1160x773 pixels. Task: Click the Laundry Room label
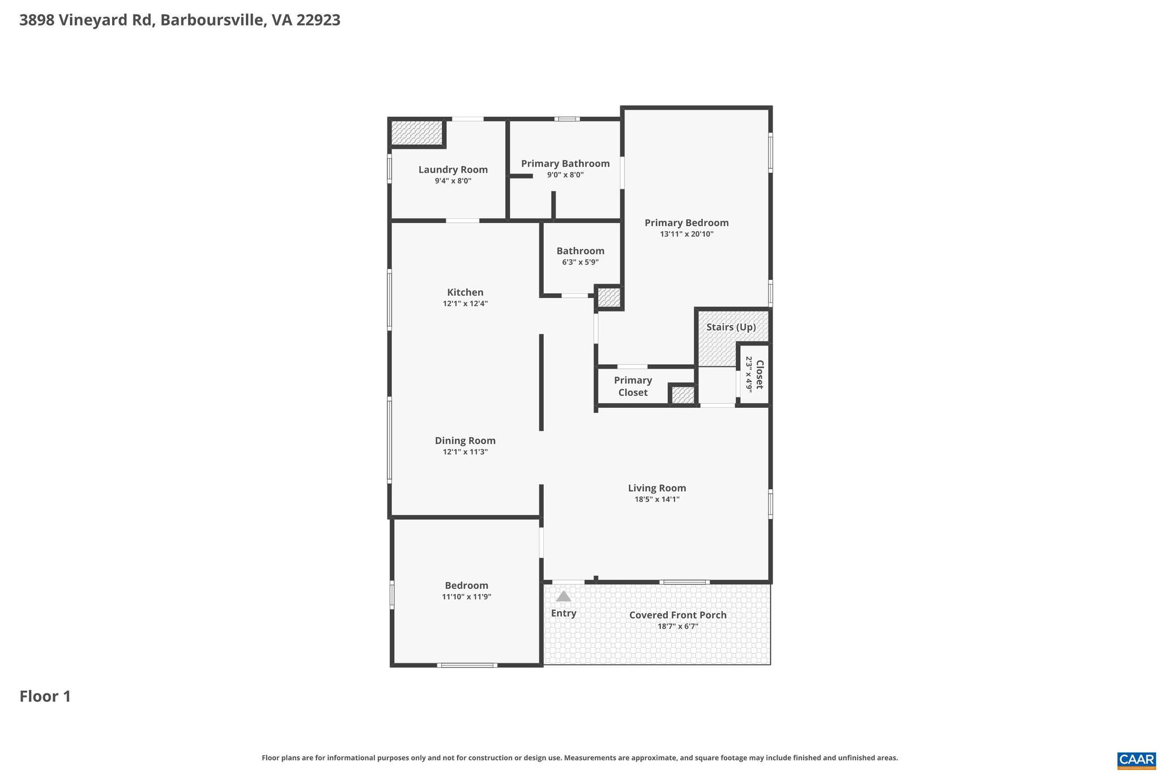click(x=453, y=169)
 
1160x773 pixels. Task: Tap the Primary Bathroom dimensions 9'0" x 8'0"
click(x=565, y=175)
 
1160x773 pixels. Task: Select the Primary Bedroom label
click(x=686, y=223)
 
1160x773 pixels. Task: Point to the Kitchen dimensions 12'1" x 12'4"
click(x=465, y=304)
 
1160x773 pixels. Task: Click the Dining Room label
click(x=465, y=441)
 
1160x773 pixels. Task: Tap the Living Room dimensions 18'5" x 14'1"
click(x=656, y=499)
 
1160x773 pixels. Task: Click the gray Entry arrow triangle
click(x=563, y=596)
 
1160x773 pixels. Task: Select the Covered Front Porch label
click(x=677, y=615)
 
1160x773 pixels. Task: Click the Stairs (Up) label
click(x=731, y=327)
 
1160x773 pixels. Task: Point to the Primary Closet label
click(x=633, y=386)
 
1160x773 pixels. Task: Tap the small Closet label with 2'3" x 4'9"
click(x=754, y=374)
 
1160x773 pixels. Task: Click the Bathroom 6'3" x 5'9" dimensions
click(x=580, y=262)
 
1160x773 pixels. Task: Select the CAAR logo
click(x=1136, y=759)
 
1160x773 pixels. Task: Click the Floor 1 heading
click(x=45, y=697)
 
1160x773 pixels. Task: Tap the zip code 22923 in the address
click(x=318, y=20)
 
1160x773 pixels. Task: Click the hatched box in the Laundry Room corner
click(x=416, y=133)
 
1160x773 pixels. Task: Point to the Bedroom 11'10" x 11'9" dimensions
click(x=466, y=597)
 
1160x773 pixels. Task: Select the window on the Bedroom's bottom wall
click(x=467, y=665)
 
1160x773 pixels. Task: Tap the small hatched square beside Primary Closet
click(x=683, y=395)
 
